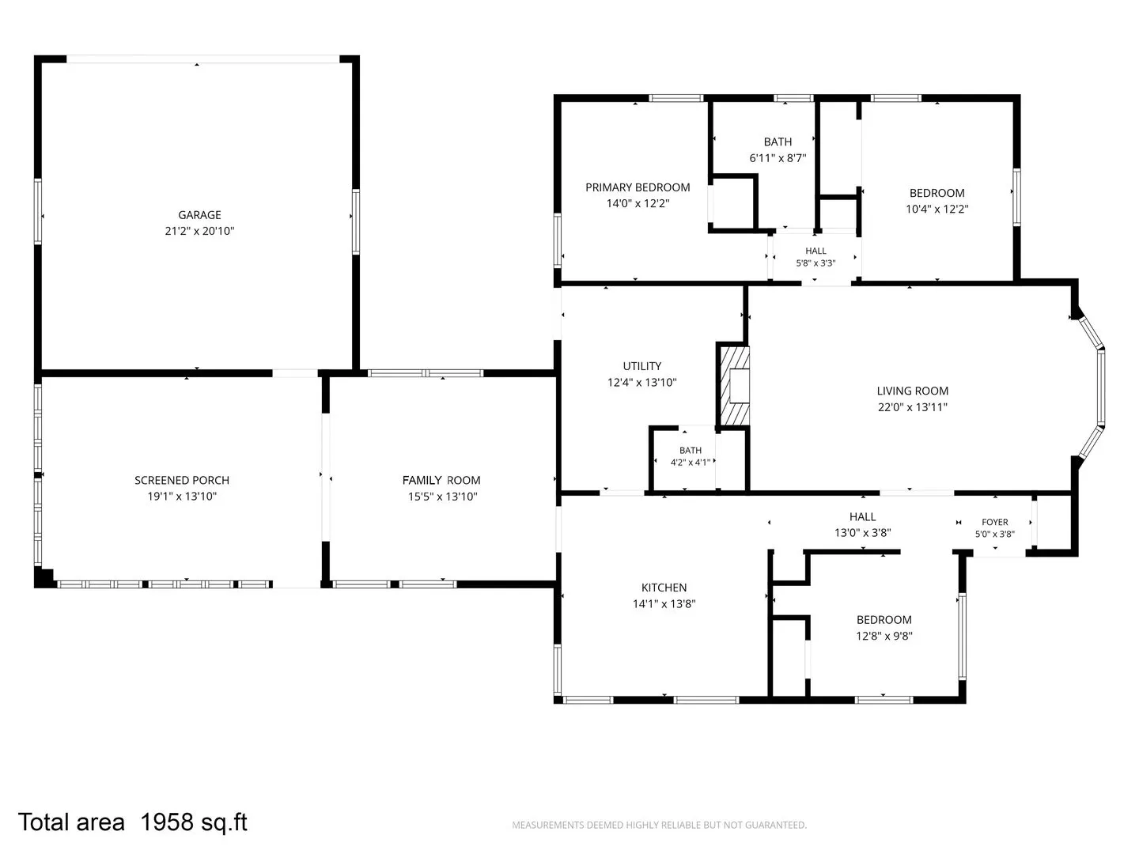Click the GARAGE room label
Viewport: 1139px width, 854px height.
199,214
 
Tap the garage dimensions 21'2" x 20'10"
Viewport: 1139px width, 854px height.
199,231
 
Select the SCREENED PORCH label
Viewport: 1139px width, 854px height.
182,480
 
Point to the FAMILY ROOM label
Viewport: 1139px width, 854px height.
441,480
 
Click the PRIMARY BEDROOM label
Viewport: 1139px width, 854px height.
638,187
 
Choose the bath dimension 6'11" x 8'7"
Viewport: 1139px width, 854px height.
778,157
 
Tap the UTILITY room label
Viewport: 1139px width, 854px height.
642,366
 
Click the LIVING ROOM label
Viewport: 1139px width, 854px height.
912,391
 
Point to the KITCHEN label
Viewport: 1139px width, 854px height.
664,588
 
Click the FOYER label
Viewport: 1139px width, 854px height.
995,522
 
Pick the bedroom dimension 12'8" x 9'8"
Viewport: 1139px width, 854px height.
884,636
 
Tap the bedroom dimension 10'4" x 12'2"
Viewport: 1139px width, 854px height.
937,209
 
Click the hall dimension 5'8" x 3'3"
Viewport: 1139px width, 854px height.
815,263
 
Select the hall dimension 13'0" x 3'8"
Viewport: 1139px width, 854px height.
862,532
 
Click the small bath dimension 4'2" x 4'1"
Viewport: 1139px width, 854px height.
691,462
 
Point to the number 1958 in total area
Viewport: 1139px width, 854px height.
167,822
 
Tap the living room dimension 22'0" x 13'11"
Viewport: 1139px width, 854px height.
912,407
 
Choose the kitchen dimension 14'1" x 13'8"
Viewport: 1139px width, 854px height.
664,603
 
